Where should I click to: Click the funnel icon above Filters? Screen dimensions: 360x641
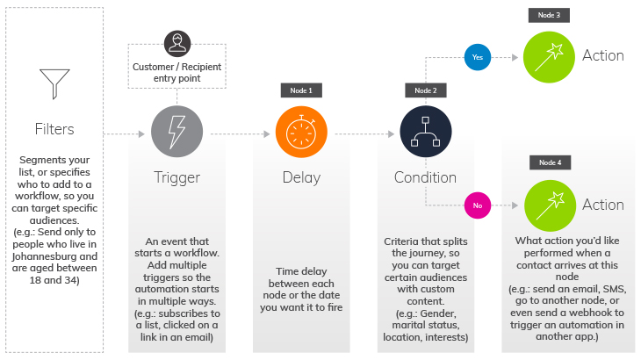click(x=54, y=83)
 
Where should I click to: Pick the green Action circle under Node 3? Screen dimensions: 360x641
click(x=549, y=56)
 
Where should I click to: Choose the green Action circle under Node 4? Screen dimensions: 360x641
click(x=549, y=205)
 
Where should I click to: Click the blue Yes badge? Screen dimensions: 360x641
click(x=477, y=57)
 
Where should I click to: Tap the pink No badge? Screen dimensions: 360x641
click(x=477, y=205)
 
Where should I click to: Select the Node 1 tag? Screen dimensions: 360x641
click(x=301, y=90)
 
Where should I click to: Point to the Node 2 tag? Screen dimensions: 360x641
click(x=426, y=90)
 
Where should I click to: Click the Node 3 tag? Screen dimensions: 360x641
click(x=550, y=16)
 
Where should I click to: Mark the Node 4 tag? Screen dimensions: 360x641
click(x=550, y=163)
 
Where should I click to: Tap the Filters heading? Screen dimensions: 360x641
click(x=54, y=129)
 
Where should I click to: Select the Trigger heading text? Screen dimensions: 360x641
click(x=177, y=177)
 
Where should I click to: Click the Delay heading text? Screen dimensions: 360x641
click(x=301, y=177)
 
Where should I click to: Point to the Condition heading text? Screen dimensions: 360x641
click(x=426, y=177)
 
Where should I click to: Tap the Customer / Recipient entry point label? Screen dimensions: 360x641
click(x=177, y=72)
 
